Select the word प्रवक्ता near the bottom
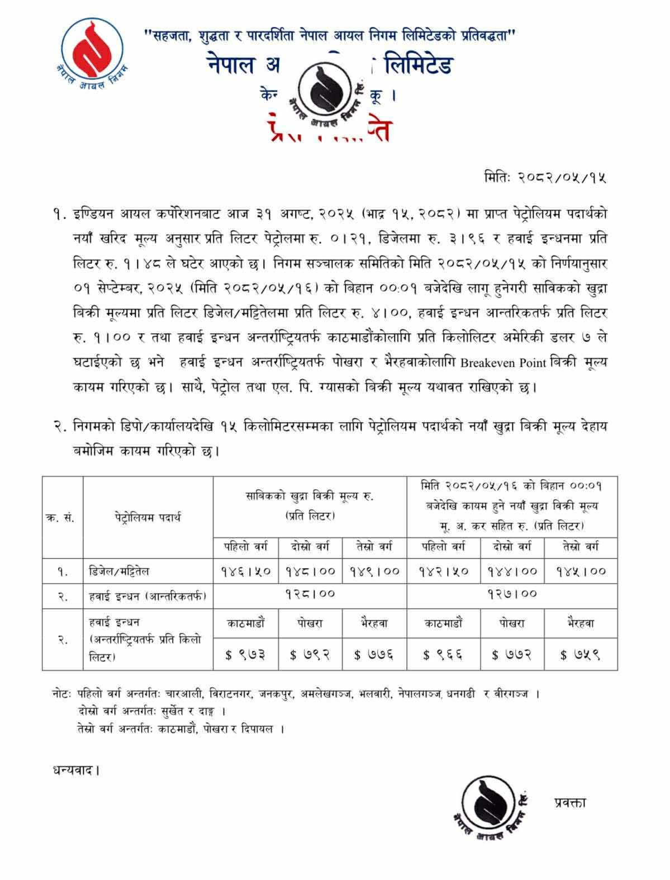point(570,802)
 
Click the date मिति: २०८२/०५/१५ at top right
point(545,178)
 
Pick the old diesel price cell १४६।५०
point(245,571)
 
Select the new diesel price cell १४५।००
point(581,571)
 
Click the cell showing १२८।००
point(310,594)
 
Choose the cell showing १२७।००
point(512,594)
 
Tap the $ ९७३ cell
point(245,655)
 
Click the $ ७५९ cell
point(581,655)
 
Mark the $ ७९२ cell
point(310,655)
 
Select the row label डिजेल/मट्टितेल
point(119,571)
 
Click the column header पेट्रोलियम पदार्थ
point(148,517)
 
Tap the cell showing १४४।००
point(512,571)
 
